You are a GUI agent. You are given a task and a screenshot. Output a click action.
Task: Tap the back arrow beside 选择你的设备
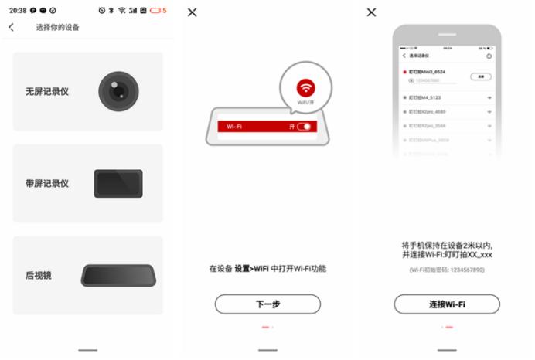click(12, 28)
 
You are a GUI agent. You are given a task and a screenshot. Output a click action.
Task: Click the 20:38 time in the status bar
click(18, 10)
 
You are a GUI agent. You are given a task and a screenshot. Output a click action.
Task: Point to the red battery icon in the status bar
click(155, 10)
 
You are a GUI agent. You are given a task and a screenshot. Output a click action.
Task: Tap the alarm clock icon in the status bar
click(103, 10)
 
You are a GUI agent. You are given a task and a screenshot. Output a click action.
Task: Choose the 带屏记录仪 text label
click(46, 184)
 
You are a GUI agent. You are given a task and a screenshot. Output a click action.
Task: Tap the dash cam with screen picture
click(118, 184)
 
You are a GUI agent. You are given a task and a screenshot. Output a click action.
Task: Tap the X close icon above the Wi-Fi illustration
click(193, 12)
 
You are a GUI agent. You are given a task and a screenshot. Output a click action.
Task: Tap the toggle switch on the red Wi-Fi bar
click(307, 126)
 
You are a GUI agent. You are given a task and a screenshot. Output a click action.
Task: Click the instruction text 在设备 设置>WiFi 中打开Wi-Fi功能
click(267, 268)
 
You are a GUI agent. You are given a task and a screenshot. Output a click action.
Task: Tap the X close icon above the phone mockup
click(371, 12)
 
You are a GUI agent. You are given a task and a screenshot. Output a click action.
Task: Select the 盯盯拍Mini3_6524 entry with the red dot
click(435, 71)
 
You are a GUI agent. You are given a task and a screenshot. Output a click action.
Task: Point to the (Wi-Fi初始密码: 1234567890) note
click(447, 269)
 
